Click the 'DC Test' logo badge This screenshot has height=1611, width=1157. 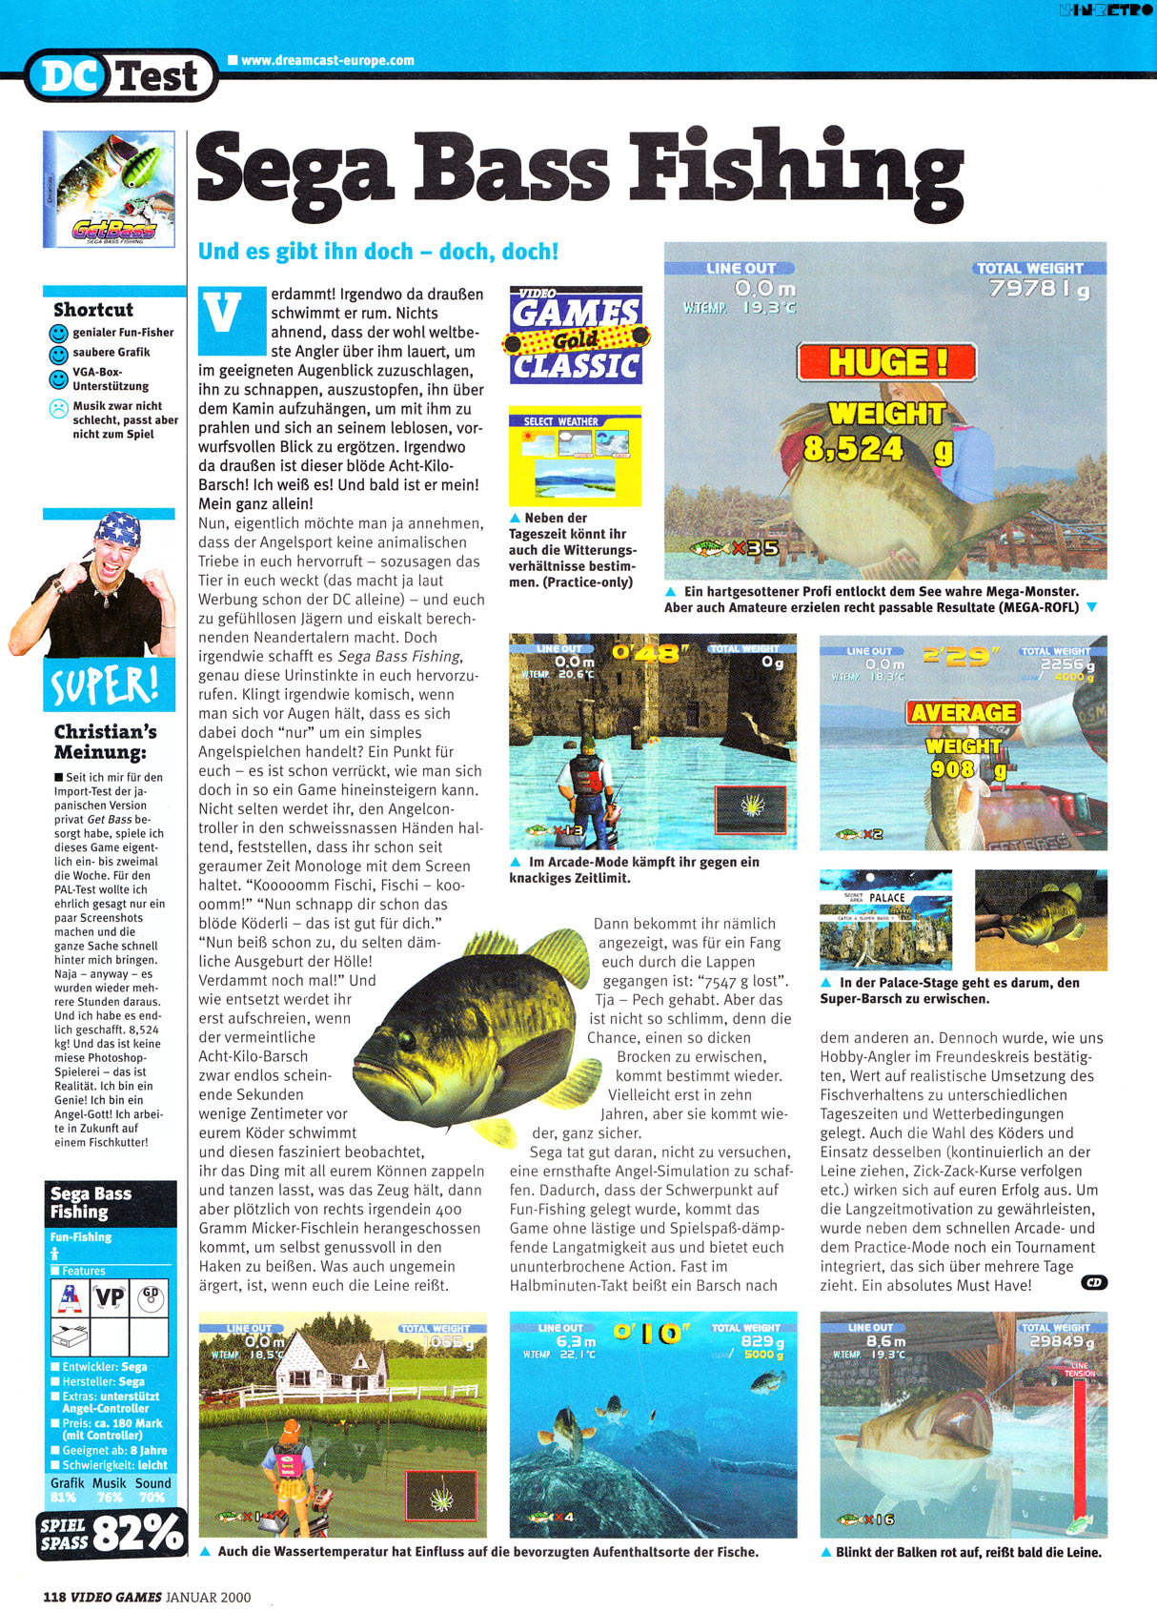click(120, 75)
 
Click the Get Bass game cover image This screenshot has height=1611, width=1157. click(109, 189)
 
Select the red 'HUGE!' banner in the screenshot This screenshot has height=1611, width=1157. click(886, 362)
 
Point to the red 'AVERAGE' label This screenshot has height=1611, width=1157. click(963, 712)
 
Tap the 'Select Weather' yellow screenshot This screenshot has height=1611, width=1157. click(575, 457)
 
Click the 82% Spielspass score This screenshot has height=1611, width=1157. click(137, 1533)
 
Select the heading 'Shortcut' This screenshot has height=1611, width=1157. click(93, 310)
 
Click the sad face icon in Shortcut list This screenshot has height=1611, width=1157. click(59, 410)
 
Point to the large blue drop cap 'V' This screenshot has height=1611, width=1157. click(224, 316)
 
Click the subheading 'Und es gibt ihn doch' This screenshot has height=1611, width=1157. click(377, 252)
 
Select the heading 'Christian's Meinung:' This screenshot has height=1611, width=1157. click(105, 742)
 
